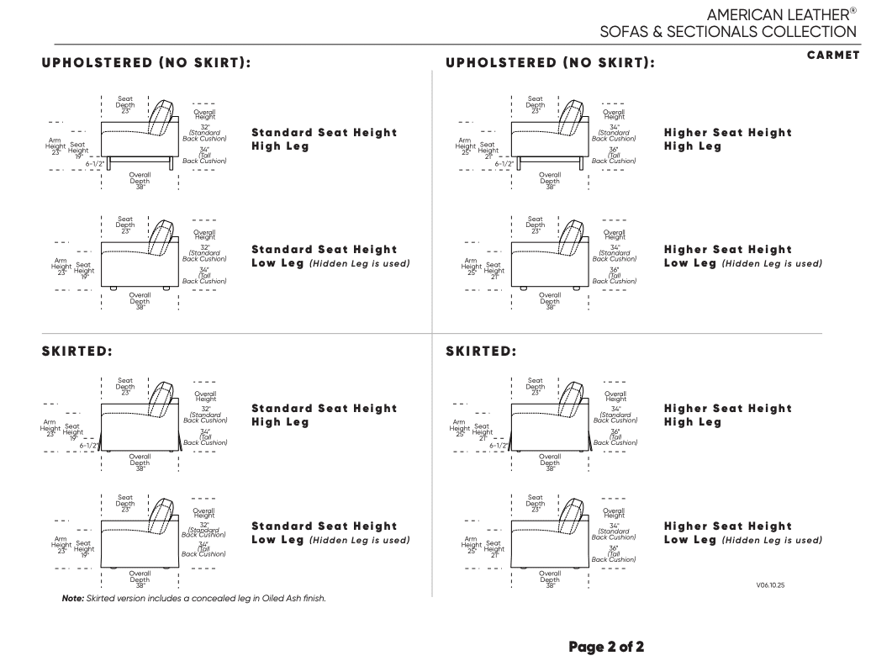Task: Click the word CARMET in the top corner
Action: coord(833,56)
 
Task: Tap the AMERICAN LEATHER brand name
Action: coord(777,14)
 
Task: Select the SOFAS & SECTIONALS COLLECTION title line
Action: coord(728,33)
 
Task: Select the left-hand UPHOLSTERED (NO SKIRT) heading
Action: coord(146,62)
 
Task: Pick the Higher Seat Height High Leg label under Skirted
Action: coord(727,415)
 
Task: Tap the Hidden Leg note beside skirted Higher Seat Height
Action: coord(772,540)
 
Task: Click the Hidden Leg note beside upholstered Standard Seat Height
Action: coord(360,263)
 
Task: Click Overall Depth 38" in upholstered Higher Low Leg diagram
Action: coord(550,299)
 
